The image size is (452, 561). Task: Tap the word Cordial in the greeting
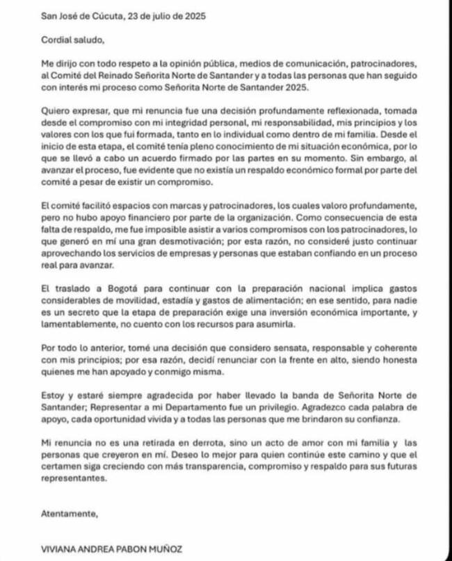click(x=57, y=40)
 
